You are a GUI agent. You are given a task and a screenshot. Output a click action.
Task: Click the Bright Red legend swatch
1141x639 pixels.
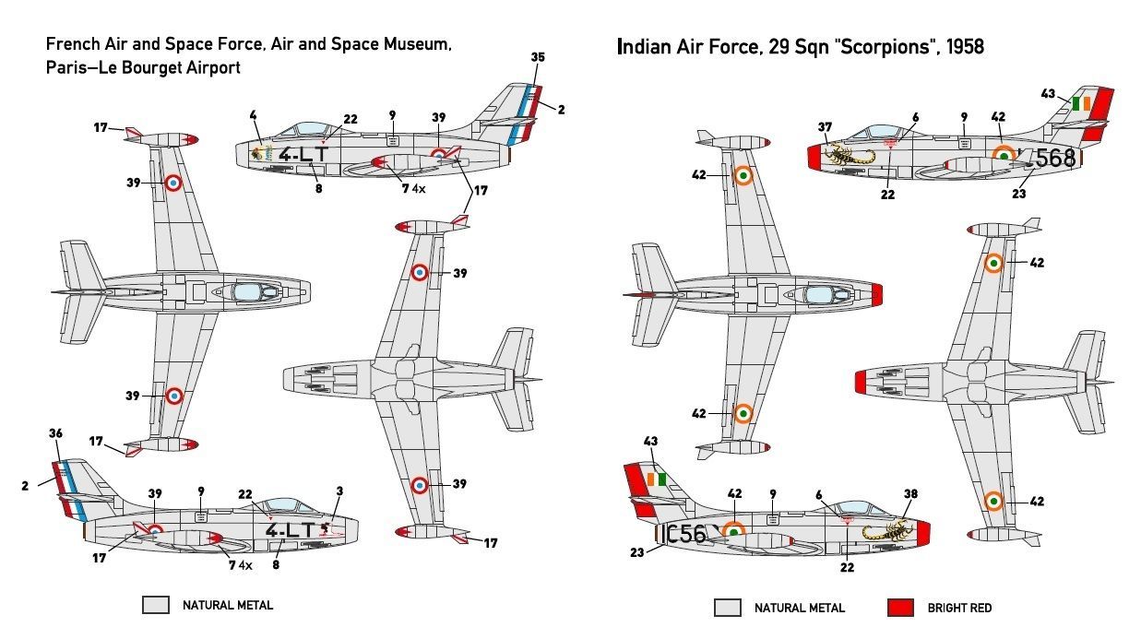coord(900,607)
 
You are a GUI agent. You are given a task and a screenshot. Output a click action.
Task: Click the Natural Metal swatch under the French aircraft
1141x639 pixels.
coord(156,605)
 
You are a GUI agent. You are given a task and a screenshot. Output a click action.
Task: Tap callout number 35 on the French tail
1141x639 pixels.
coord(539,57)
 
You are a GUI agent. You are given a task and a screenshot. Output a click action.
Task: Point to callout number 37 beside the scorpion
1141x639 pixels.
coord(825,127)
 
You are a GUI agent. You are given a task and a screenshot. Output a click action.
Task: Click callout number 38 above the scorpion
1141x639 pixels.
coord(910,493)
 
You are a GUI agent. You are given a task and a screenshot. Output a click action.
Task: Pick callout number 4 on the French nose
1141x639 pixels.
coord(252,115)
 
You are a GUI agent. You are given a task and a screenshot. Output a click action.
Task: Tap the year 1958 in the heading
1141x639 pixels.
coord(961,46)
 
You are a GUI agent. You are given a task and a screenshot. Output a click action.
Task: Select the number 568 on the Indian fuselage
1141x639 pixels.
coord(1055,159)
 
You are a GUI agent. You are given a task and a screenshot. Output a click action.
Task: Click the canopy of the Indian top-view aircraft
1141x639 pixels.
coord(819,295)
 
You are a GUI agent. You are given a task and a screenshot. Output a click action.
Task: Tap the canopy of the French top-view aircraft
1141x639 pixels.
coord(246,292)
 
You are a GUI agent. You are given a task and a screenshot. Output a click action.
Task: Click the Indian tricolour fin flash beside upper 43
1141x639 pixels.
coord(1082,103)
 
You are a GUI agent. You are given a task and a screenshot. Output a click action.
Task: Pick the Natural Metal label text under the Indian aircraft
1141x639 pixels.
coord(799,608)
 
